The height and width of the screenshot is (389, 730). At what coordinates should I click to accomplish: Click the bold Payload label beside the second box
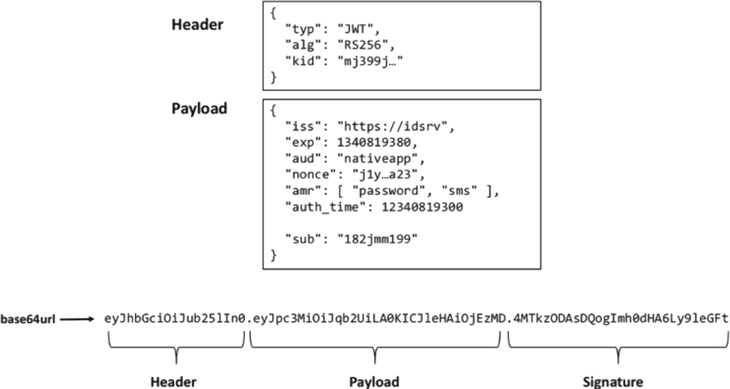pos(199,108)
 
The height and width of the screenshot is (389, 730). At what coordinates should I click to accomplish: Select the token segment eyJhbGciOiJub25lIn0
pos(175,318)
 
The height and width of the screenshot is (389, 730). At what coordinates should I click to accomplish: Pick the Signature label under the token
pos(618,380)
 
